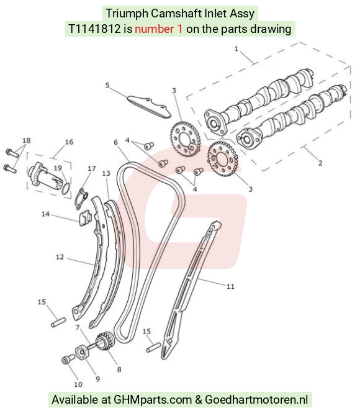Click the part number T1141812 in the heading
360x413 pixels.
pos(94,29)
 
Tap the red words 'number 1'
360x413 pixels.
pos(159,29)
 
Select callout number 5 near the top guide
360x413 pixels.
pos(107,85)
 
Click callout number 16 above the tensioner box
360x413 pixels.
pos(69,142)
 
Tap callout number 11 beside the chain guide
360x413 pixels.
pos(230,286)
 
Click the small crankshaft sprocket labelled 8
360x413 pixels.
pos(106,342)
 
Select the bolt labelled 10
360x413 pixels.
pos(67,360)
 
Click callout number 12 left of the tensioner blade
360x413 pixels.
pos(60,257)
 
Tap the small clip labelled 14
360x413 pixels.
pos(85,218)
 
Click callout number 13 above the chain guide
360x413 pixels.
pos(106,173)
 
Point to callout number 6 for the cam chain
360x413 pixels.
pos(116,142)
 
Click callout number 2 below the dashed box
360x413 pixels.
pos(320,163)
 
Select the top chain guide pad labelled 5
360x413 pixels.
pos(149,107)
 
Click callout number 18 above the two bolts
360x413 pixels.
pos(27,140)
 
